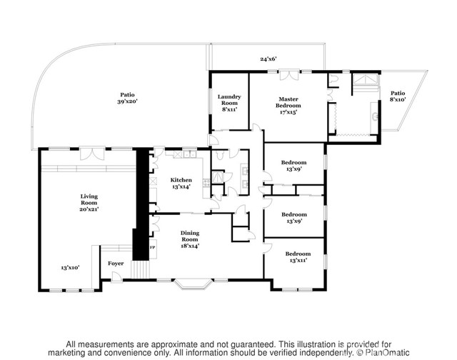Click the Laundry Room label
point(229,103)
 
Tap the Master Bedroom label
point(288,105)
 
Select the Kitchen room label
point(181,183)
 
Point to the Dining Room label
point(189,238)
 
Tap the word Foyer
point(116,264)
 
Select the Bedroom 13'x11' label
point(297,257)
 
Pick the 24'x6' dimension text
point(268,59)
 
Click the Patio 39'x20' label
point(128,98)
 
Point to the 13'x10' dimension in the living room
point(69,267)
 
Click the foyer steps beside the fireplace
point(142,271)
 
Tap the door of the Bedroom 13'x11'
point(267,248)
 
